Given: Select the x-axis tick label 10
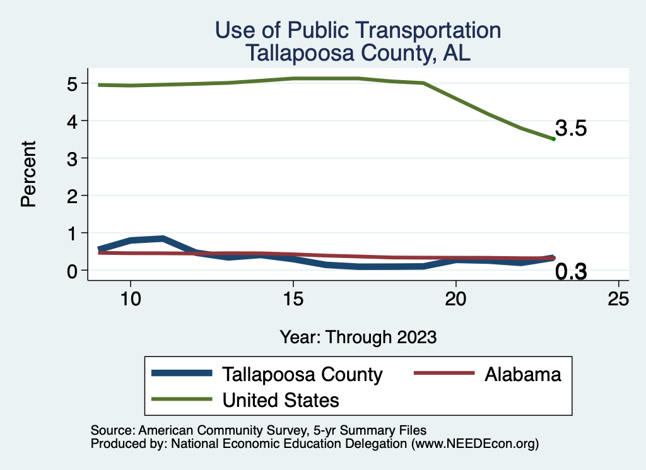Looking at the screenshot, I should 130,299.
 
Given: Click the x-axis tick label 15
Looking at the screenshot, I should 293,299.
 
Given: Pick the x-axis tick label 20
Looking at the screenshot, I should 455,299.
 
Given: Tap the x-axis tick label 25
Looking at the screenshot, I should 618,299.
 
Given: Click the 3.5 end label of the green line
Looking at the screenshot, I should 572,129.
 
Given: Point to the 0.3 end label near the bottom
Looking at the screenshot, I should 572,272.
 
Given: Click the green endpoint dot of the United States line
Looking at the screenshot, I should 553,139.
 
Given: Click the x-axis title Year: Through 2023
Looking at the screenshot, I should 358,338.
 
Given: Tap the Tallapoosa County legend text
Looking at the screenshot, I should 302,374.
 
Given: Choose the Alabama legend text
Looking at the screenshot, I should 522,374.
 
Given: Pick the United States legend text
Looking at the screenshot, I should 281,399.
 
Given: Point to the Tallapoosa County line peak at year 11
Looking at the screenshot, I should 163,238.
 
